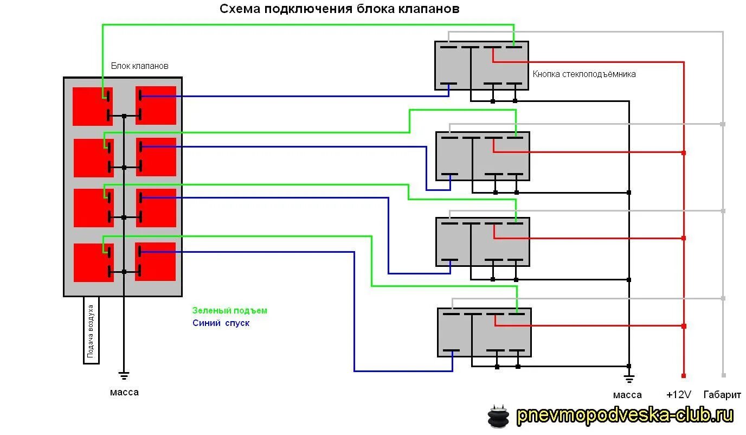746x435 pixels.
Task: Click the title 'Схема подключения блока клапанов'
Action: (x=339, y=9)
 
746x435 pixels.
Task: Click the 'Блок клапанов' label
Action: (x=140, y=66)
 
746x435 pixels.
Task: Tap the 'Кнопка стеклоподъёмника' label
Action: (x=584, y=74)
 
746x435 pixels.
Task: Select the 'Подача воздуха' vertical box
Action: (x=91, y=330)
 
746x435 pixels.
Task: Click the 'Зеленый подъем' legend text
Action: (x=230, y=311)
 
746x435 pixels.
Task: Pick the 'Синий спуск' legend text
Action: (x=221, y=323)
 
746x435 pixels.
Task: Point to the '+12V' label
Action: (x=679, y=395)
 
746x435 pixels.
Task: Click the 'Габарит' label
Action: (x=722, y=395)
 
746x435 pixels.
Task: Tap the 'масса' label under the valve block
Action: (x=124, y=392)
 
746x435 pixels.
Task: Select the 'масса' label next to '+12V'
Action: (x=627, y=395)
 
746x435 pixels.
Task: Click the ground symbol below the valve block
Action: (x=124, y=375)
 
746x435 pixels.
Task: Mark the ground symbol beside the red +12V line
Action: (x=629, y=378)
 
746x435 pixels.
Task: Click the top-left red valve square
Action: (x=93, y=106)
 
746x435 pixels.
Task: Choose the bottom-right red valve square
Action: (x=156, y=261)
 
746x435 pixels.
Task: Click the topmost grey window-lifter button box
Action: (x=481, y=66)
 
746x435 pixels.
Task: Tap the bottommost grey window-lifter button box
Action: (x=484, y=332)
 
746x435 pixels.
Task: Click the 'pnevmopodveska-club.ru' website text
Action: (x=625, y=416)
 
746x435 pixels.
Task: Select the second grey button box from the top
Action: (x=483, y=156)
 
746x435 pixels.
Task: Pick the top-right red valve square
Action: (x=156, y=105)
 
